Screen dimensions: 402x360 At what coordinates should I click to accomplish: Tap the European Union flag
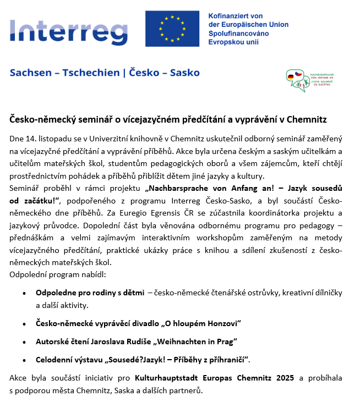[x=172, y=28]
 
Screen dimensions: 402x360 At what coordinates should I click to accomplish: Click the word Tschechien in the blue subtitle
[x=91, y=73]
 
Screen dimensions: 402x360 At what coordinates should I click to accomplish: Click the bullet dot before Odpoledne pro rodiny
[x=24, y=293]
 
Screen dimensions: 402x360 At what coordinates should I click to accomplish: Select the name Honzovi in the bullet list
[x=220, y=323]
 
